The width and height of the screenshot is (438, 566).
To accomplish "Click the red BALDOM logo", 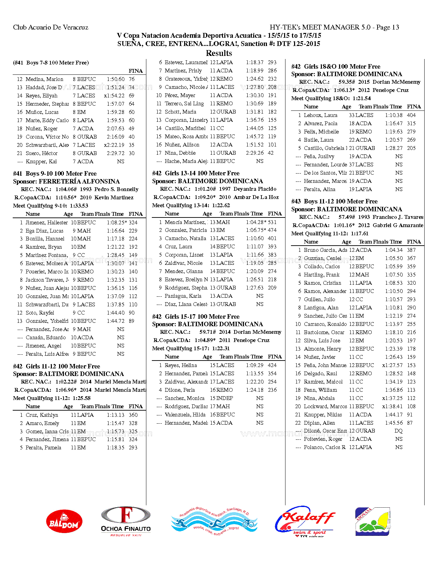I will [x=64, y=521].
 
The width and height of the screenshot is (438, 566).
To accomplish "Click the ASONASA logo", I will [x=372, y=521].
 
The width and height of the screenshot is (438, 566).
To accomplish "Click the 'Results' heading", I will [x=219, y=53].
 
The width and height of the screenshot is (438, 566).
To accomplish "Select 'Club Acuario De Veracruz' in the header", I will [x=50, y=27].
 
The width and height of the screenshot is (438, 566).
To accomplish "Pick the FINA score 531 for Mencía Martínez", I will [x=272, y=222].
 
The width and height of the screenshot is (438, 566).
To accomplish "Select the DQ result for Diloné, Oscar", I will [x=398, y=431].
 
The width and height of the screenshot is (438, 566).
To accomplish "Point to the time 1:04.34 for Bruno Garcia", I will [x=394, y=250].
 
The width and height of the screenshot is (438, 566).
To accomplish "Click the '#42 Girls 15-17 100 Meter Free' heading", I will [x=196, y=317].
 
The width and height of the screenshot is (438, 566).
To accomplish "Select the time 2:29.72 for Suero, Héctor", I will [x=115, y=153].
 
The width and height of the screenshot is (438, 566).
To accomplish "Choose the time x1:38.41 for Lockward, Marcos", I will [x=392, y=406].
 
